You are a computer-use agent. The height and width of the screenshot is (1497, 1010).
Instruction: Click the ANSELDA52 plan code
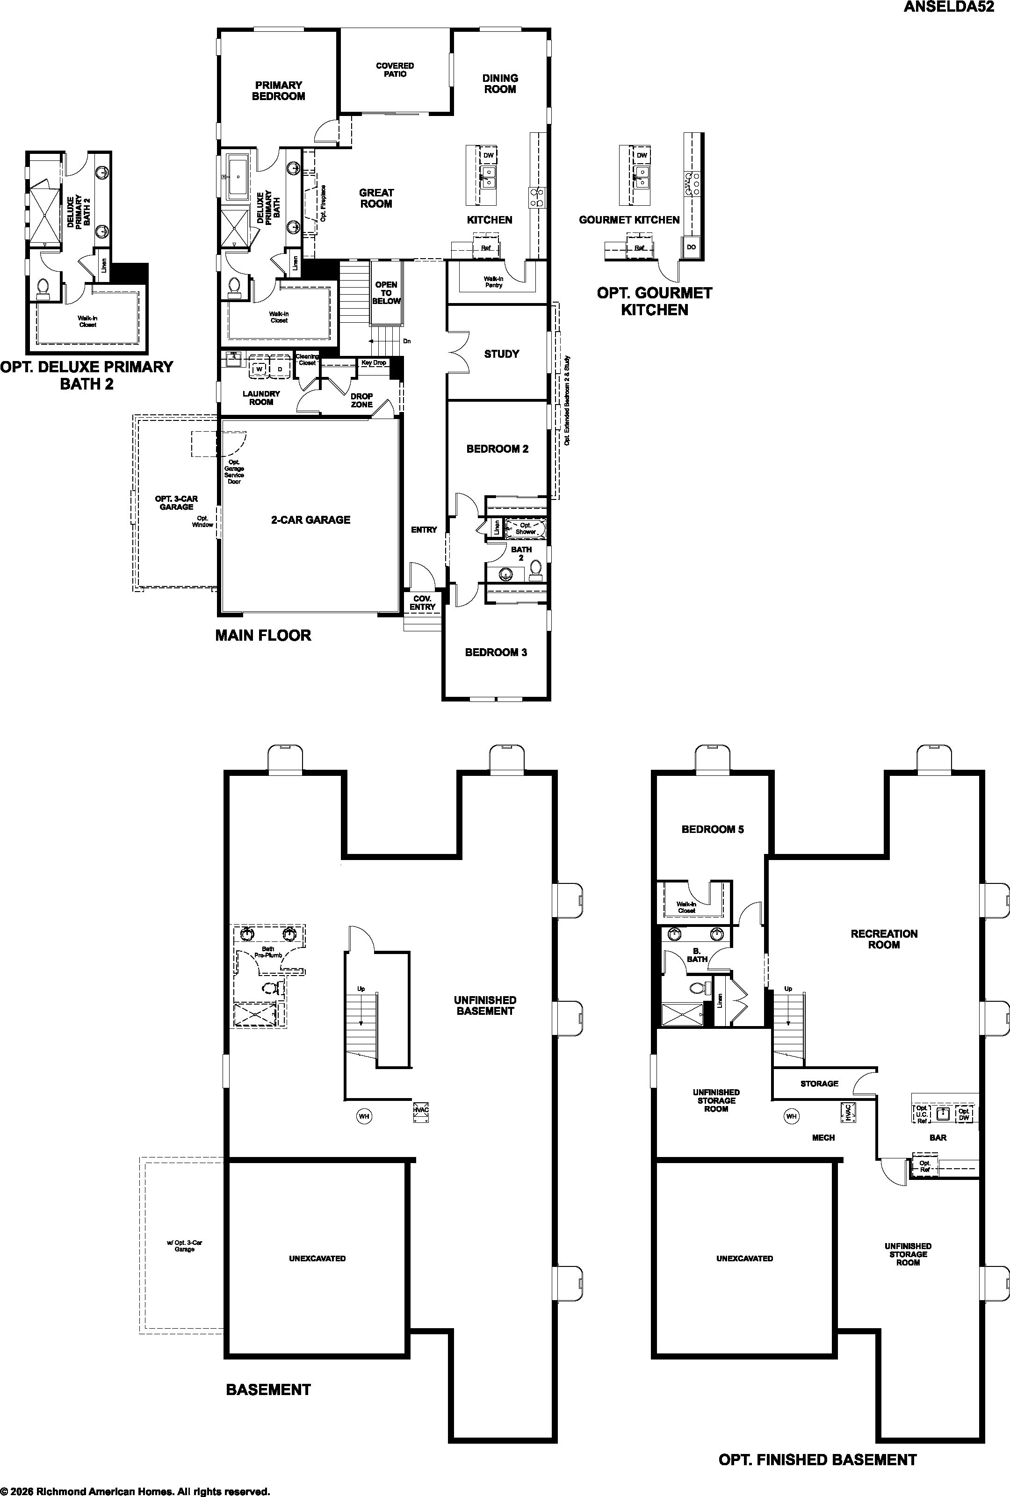pos(954,7)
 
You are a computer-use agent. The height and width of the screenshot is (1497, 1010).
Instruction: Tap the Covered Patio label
pos(395,70)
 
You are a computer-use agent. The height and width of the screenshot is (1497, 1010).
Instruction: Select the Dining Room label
pos(500,84)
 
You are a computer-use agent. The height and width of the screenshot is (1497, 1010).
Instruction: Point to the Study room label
pos(502,354)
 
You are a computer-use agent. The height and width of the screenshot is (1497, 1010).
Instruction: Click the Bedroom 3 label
pos(496,652)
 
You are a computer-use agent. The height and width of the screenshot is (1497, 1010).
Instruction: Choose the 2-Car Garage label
pos(310,520)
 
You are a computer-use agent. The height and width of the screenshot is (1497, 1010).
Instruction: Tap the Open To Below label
pos(386,292)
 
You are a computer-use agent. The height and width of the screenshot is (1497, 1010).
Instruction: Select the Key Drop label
pos(374,362)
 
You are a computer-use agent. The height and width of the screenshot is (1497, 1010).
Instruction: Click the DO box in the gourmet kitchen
pos(691,247)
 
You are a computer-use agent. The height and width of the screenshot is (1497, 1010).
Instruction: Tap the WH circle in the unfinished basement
pos(364,1116)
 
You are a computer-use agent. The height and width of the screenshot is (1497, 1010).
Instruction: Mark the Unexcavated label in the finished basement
pos(744,1258)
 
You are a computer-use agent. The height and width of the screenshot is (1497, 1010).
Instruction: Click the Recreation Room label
pos(884,939)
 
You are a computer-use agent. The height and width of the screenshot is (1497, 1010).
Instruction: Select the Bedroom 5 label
pos(713,829)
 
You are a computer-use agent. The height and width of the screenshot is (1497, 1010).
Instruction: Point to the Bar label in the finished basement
pos(938,1137)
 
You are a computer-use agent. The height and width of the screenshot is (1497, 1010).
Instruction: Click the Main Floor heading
pos(263,635)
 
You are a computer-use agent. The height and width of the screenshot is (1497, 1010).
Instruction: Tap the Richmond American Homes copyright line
pos(135,1491)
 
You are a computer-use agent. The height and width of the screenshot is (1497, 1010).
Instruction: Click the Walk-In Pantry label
pos(493,282)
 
